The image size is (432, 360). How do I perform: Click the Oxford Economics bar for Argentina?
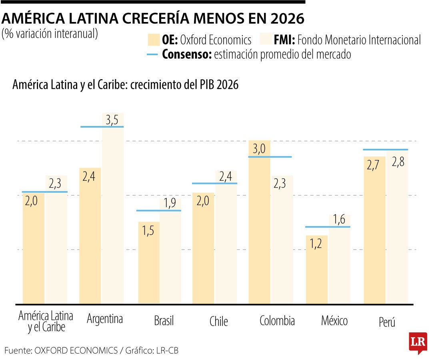[90, 236]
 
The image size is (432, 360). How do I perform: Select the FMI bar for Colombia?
[282, 240]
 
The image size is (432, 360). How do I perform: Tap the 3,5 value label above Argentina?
[113, 120]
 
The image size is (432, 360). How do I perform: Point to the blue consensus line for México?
[328, 227]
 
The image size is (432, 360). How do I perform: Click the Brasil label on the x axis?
[164, 321]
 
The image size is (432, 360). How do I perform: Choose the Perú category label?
[386, 322]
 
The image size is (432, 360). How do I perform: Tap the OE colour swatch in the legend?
[153, 40]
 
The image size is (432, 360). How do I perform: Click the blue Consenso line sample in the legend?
[153, 55]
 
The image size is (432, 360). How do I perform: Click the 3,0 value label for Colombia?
[259, 149]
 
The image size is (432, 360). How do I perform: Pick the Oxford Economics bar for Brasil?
[149, 262]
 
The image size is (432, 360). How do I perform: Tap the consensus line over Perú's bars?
[386, 150]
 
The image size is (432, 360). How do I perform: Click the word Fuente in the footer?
[17, 350]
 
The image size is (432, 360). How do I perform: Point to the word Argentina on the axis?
[105, 319]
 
